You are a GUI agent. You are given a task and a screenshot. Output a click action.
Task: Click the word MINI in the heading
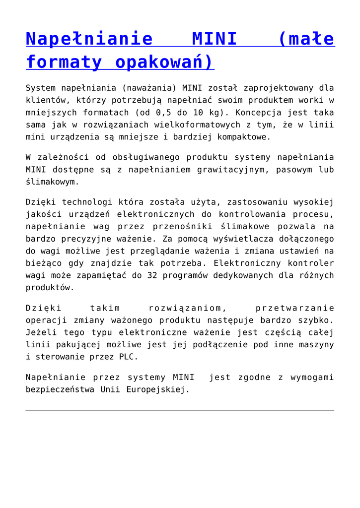214,39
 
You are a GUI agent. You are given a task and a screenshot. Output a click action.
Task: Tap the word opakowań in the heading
164,63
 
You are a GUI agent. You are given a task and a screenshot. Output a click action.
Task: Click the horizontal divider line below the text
180,411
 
